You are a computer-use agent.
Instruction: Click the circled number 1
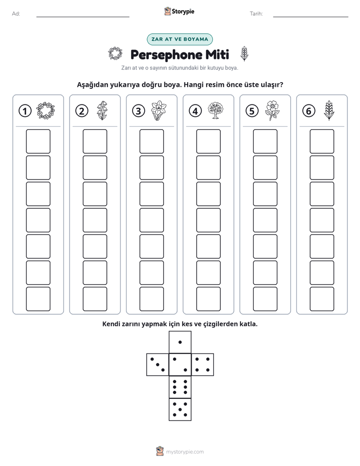click(x=25, y=111)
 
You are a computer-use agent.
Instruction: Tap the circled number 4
click(x=195, y=111)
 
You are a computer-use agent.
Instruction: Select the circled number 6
click(x=309, y=111)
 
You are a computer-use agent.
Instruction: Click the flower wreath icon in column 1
click(x=45, y=110)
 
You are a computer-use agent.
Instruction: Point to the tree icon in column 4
click(x=216, y=110)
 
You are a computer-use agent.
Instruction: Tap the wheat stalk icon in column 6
click(x=329, y=110)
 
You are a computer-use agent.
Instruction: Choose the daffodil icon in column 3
click(x=159, y=110)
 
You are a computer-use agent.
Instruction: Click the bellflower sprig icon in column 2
click(x=102, y=110)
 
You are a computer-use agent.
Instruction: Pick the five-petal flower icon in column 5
click(x=272, y=110)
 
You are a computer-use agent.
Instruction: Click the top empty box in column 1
click(x=38, y=141)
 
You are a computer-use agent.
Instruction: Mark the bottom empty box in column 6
click(x=322, y=299)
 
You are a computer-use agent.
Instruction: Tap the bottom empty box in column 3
click(x=151, y=299)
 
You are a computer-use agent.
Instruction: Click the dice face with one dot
click(x=180, y=342)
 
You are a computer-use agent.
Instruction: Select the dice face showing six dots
click(x=180, y=387)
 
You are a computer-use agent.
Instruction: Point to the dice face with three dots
click(x=158, y=365)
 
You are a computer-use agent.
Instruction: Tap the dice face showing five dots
click(x=180, y=410)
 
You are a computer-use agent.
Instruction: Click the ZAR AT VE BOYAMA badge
click(x=179, y=39)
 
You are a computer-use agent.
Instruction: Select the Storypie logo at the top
click(x=179, y=12)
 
